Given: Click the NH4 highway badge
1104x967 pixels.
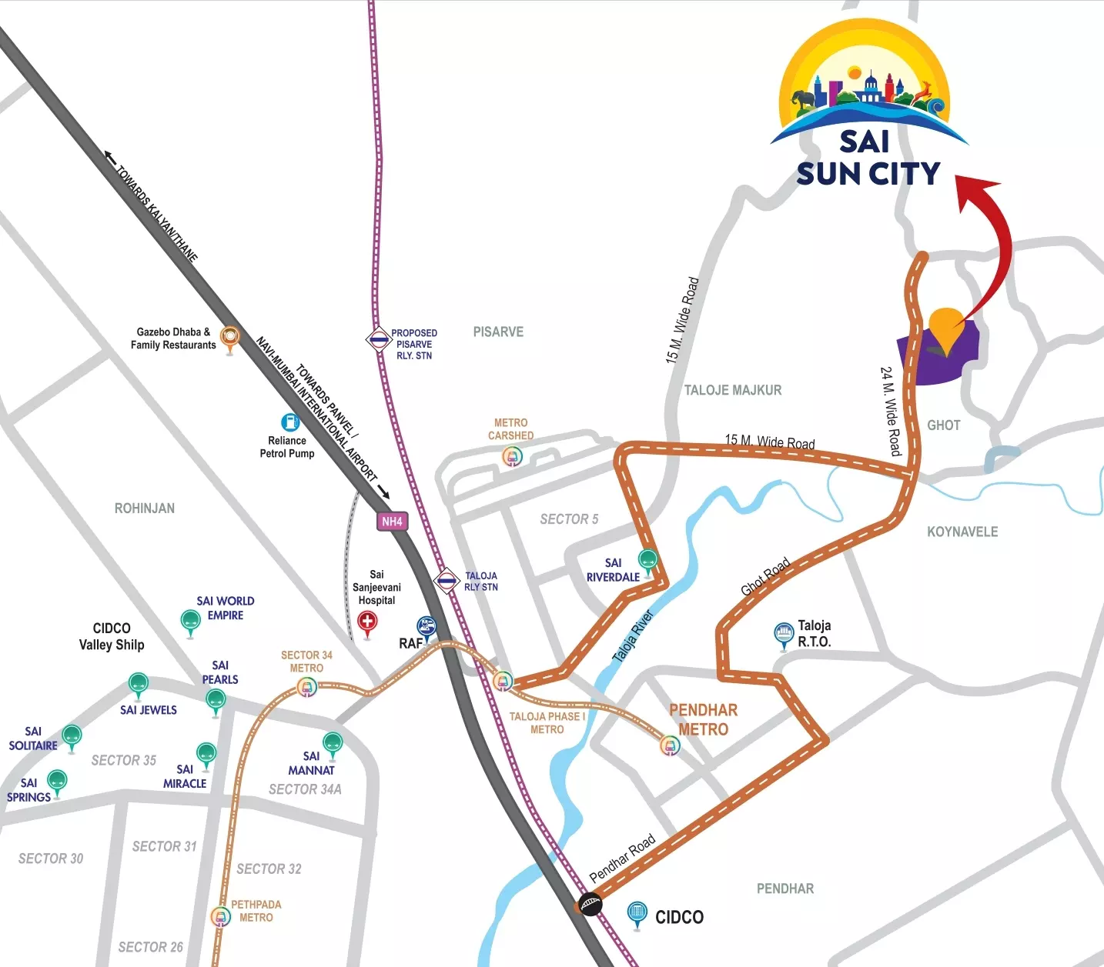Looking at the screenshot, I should (x=392, y=521).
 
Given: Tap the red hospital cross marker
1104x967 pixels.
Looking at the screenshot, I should (x=368, y=622).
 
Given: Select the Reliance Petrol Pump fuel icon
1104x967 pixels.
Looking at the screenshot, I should (x=290, y=422).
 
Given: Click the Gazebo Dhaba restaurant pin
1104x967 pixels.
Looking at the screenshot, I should (x=229, y=336).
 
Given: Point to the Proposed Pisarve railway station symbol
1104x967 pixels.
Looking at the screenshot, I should (x=379, y=338).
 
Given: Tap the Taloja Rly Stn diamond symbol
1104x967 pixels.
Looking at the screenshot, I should (x=447, y=581).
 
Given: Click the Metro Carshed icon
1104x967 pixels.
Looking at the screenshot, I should (x=512, y=456).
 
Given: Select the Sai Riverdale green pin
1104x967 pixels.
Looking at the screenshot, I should (x=648, y=560).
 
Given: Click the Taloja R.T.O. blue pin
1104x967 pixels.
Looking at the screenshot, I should (x=784, y=633).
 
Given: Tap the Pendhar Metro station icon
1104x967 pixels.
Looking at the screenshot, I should (x=671, y=745).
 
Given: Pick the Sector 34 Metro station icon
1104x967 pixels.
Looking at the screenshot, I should (x=307, y=687).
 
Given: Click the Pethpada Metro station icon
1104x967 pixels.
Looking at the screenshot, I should (x=221, y=916).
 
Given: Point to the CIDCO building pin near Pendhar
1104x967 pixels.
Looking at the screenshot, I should (x=637, y=913).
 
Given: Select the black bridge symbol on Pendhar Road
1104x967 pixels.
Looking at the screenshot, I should (x=590, y=903).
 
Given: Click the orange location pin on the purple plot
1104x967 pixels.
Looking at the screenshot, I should (x=946, y=326).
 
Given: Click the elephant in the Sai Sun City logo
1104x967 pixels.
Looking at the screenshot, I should (x=804, y=99).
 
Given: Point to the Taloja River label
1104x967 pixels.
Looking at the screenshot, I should (x=633, y=636).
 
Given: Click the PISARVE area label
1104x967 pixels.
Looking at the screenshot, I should (x=498, y=332).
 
